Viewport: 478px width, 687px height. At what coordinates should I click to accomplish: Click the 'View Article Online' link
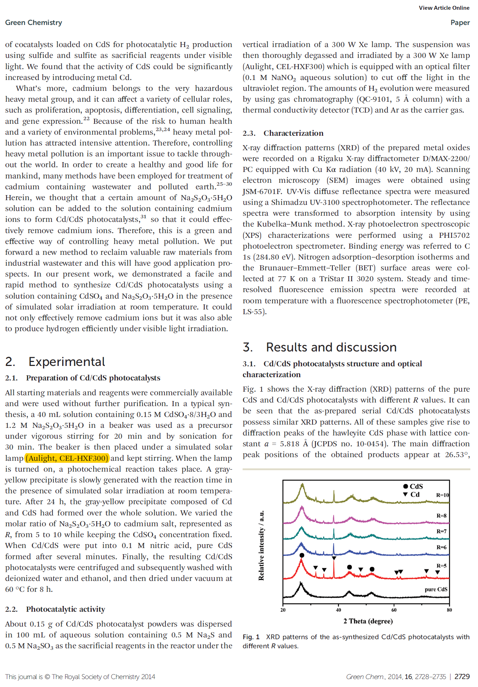[x=444, y=8]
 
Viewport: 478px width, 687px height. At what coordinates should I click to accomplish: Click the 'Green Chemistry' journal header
[x=34, y=22]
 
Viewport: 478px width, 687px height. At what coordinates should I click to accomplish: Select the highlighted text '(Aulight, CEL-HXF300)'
[x=67, y=458]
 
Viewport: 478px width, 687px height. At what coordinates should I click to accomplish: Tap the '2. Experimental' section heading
[x=55, y=362]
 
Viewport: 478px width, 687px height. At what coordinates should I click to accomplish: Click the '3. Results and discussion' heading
[x=320, y=347]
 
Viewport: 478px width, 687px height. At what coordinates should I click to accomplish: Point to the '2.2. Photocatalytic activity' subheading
[x=55, y=609]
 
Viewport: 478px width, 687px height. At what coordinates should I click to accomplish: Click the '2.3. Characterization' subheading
[x=283, y=133]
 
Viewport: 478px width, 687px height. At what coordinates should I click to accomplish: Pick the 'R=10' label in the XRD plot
[x=442, y=495]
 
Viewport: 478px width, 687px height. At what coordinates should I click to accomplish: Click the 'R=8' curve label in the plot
[x=441, y=515]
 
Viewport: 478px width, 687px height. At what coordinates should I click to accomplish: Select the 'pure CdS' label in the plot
[x=436, y=589]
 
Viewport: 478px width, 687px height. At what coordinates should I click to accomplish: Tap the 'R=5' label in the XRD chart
[x=441, y=566]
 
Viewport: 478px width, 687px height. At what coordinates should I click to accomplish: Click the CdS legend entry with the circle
[x=413, y=486]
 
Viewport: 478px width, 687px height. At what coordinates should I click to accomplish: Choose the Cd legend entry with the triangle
[x=411, y=494]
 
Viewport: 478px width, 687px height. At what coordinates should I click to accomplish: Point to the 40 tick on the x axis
[x=338, y=610]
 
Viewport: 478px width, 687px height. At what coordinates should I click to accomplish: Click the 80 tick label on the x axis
[x=449, y=610]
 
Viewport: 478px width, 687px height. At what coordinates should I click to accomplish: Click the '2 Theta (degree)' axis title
[x=368, y=621]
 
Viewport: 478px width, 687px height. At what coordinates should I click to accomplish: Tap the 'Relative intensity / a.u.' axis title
[x=261, y=545]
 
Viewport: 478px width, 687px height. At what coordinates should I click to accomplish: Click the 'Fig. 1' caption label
[x=251, y=637]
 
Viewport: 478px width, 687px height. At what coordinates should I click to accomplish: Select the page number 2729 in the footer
[x=462, y=677]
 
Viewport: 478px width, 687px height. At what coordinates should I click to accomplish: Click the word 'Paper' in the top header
[x=460, y=22]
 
